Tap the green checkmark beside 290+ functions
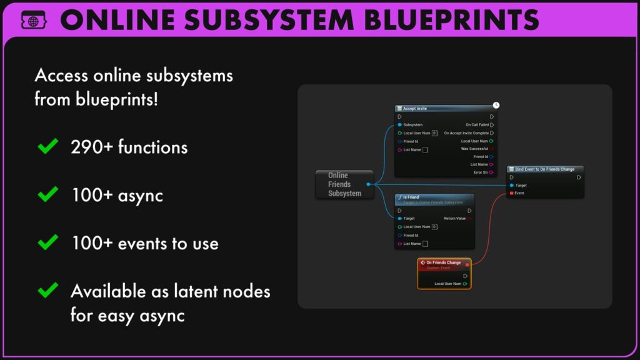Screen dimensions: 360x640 click(x=48, y=147)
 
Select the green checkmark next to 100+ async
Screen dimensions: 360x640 click(x=48, y=194)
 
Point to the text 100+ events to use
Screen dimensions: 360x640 click(x=145, y=242)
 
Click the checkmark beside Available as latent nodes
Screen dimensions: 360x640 click(x=48, y=291)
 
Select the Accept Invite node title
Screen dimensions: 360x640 click(x=415, y=109)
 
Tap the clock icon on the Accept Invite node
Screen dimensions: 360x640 click(x=496, y=105)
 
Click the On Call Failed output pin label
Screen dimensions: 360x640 click(x=477, y=125)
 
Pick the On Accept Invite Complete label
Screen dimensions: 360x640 click(x=466, y=133)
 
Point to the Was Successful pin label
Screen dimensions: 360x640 click(x=474, y=149)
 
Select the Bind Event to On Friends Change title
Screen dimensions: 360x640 click(x=544, y=169)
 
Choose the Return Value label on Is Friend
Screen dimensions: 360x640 click(x=454, y=219)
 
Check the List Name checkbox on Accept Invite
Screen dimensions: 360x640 click(x=426, y=150)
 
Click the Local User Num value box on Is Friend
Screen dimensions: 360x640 click(x=434, y=227)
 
